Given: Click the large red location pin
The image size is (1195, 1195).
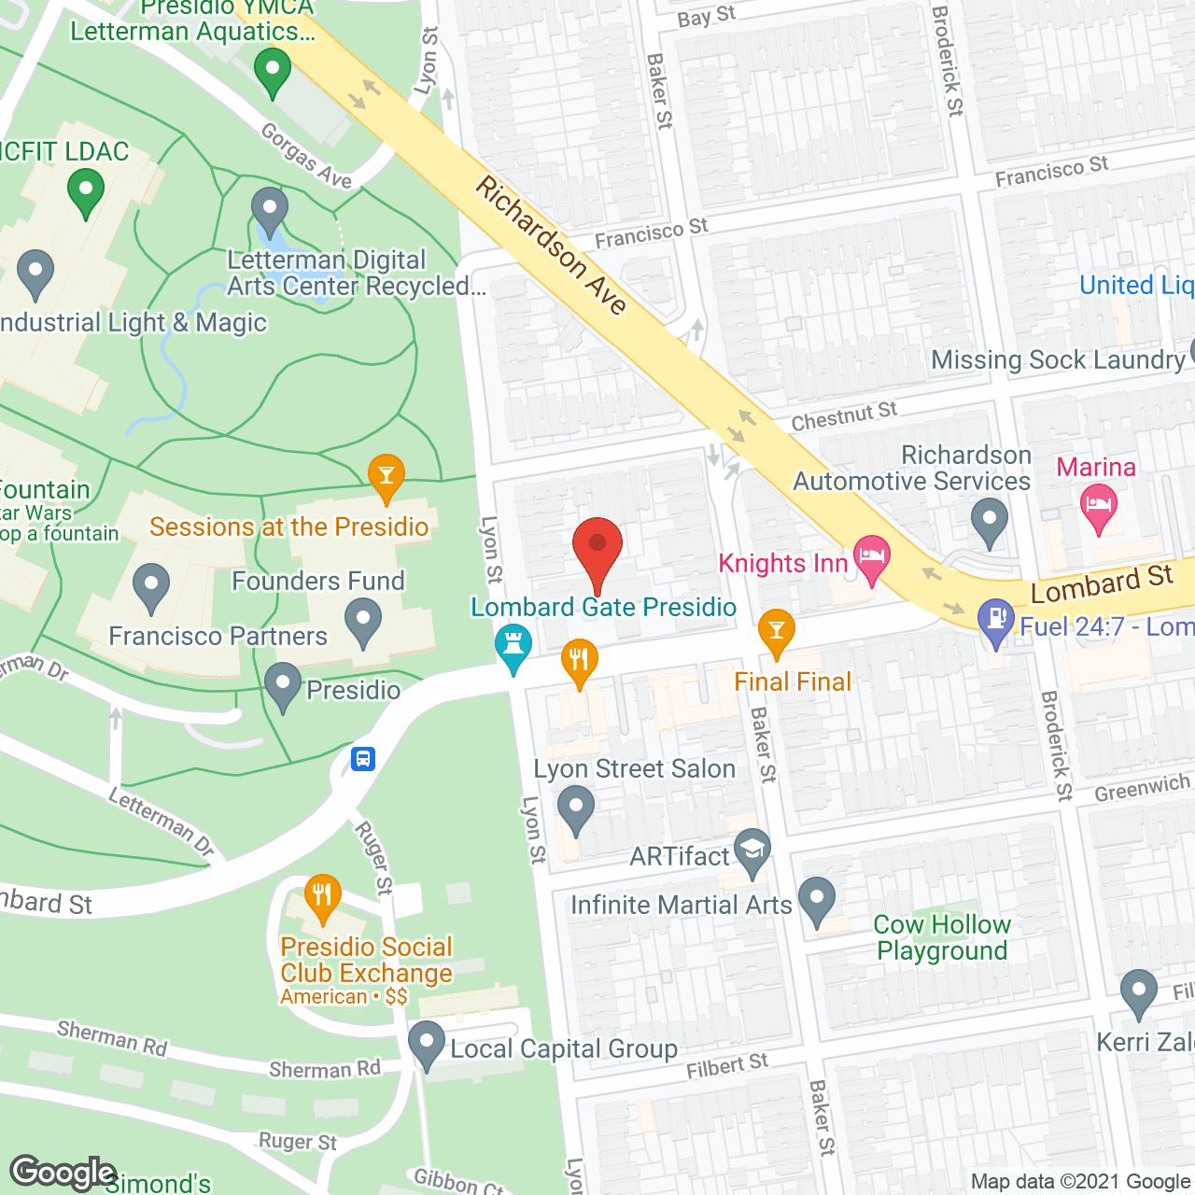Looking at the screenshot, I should click(597, 552).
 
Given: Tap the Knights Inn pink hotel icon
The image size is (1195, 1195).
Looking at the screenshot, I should click(870, 558).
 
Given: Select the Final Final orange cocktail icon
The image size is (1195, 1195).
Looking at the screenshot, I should click(776, 632).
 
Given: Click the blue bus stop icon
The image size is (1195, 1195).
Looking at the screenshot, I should click(363, 758).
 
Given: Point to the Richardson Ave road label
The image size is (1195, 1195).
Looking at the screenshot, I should click(551, 245).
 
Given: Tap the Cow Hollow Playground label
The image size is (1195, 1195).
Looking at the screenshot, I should click(942, 937).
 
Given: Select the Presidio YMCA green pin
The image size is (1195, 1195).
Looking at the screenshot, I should click(273, 70).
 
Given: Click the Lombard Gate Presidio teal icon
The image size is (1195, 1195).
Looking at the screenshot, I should click(513, 646).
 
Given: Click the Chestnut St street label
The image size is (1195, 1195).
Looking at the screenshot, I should click(844, 416).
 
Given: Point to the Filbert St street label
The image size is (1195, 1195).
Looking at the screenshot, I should click(727, 1065).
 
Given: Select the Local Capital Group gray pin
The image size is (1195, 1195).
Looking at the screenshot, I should click(427, 1044).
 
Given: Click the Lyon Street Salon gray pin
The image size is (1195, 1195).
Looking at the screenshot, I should click(576, 808).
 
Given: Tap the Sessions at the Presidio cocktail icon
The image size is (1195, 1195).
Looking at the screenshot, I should click(386, 476).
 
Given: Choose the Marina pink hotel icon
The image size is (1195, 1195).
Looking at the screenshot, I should click(1099, 509).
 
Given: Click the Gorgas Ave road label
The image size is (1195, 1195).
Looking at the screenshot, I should click(306, 156).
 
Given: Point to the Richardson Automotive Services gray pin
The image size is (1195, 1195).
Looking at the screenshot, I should click(990, 520).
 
